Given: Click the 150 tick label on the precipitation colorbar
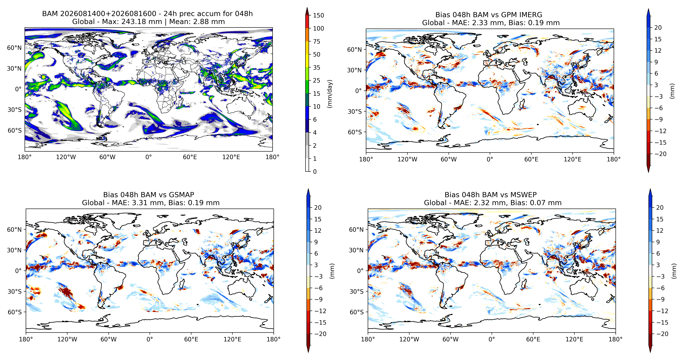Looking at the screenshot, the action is click(x=318, y=15).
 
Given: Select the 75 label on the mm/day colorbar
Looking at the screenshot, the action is click(x=317, y=41).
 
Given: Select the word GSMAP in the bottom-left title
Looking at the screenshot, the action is click(x=181, y=195).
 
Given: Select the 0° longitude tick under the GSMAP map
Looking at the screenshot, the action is click(x=150, y=339).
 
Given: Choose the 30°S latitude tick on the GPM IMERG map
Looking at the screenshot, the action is click(x=355, y=112).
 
